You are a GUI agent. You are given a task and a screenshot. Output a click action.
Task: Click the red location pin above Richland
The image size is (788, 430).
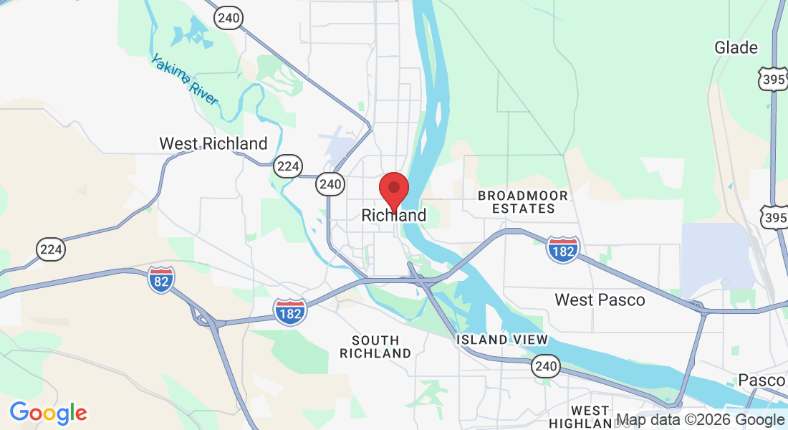393,189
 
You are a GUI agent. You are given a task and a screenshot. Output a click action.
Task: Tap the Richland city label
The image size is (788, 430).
393,215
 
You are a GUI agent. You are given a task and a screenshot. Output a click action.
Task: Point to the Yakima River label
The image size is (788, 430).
183,80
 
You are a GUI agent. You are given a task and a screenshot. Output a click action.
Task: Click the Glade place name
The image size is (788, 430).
736,48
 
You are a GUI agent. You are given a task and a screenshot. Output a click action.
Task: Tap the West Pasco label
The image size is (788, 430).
600,300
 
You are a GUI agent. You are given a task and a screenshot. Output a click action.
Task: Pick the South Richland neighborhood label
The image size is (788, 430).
375,346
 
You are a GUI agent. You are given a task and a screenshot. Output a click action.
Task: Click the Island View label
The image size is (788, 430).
502,340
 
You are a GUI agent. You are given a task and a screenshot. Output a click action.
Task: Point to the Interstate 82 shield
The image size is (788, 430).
161,279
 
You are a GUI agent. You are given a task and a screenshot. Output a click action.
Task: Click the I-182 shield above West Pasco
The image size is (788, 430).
562,249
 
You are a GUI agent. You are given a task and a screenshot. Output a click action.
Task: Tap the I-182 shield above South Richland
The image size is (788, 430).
290,312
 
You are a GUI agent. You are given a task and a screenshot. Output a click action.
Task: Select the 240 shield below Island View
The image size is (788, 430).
544,367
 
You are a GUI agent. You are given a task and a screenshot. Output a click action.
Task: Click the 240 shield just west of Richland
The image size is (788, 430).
330,184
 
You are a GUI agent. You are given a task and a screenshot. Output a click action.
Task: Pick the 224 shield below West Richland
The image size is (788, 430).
288,167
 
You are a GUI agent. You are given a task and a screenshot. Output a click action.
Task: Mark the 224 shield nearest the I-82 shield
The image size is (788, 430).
52,249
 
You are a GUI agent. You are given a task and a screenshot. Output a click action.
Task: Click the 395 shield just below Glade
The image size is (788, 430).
774,79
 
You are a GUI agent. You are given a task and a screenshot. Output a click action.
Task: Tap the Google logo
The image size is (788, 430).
48,413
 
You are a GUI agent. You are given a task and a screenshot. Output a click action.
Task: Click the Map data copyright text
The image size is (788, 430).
700,420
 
